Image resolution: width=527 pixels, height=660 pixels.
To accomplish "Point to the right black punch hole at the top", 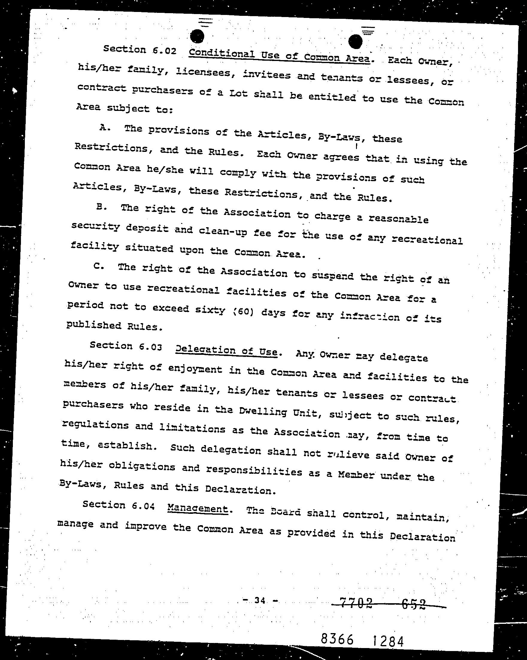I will tap(355, 41).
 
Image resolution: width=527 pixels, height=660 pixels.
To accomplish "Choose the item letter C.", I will tap(99, 266).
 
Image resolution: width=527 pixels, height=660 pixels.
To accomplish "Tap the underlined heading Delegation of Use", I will tap(226, 351).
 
